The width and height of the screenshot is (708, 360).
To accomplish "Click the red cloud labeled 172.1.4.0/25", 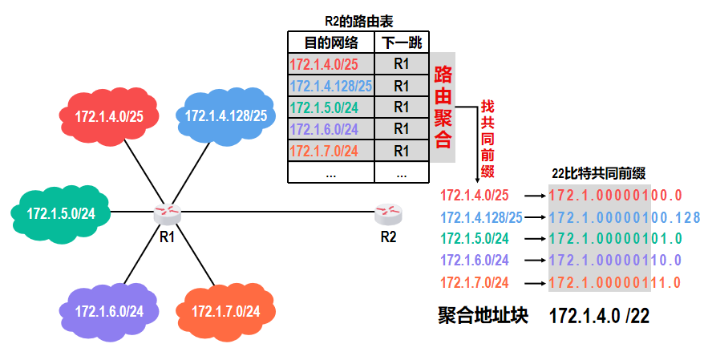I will [109, 116].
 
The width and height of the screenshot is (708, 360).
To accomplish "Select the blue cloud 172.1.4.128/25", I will [225, 115].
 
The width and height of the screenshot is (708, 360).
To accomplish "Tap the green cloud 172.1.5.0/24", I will [61, 213].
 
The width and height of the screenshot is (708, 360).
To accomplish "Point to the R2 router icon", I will [388, 213].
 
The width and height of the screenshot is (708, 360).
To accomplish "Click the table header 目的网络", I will [330, 42].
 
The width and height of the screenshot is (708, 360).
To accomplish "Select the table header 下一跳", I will [402, 42].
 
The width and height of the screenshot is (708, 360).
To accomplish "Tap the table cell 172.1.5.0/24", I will [330, 107].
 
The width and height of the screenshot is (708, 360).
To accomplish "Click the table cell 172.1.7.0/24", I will [330, 150].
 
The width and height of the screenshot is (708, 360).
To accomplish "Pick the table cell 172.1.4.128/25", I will [330, 86].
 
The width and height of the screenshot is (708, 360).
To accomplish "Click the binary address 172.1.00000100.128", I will [625, 216].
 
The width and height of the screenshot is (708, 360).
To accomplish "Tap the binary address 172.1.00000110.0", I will [615, 260].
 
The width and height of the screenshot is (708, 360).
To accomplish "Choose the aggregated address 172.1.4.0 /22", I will [599, 316].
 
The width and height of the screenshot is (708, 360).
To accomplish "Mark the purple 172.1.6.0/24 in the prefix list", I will [475, 260].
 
